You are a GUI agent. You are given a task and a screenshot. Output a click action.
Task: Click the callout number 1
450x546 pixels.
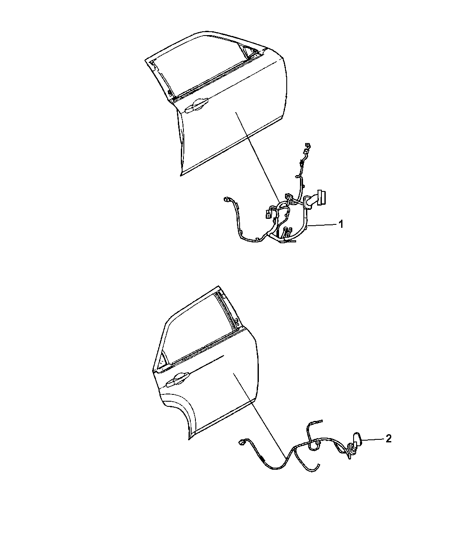tap(341, 224)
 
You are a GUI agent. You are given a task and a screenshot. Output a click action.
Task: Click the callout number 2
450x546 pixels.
tap(388, 439)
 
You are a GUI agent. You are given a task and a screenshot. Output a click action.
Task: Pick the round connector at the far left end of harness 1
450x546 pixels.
tap(226, 200)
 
